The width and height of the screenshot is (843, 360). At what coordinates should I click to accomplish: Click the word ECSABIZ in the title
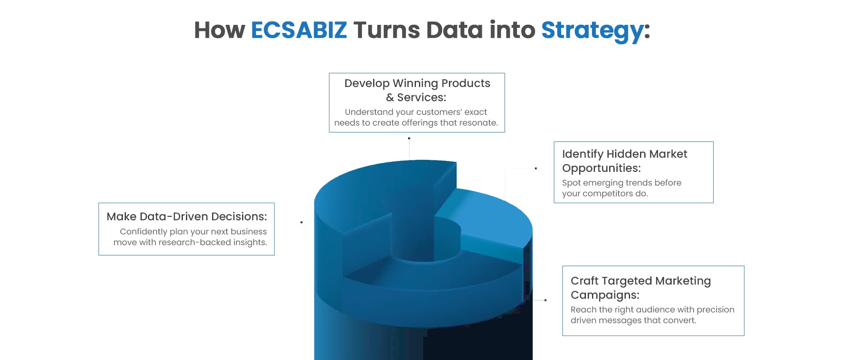[x=299, y=30]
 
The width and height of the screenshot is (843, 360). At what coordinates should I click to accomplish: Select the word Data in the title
[x=454, y=30]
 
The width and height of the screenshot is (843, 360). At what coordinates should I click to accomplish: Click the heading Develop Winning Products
[x=417, y=83]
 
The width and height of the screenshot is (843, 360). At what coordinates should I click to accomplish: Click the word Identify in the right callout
[x=583, y=154]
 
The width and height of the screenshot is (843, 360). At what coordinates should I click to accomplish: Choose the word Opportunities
[x=601, y=168]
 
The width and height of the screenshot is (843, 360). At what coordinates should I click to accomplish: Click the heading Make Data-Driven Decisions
[x=187, y=216]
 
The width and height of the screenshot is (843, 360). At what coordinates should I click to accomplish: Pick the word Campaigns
[x=605, y=295]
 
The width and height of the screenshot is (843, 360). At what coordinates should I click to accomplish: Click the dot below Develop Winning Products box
[x=409, y=138]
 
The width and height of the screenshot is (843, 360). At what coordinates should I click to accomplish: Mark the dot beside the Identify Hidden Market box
[x=536, y=168]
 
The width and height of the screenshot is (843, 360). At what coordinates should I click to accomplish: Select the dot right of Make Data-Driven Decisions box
[x=302, y=222]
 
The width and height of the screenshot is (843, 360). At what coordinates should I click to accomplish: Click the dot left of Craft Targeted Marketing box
[x=545, y=300]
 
